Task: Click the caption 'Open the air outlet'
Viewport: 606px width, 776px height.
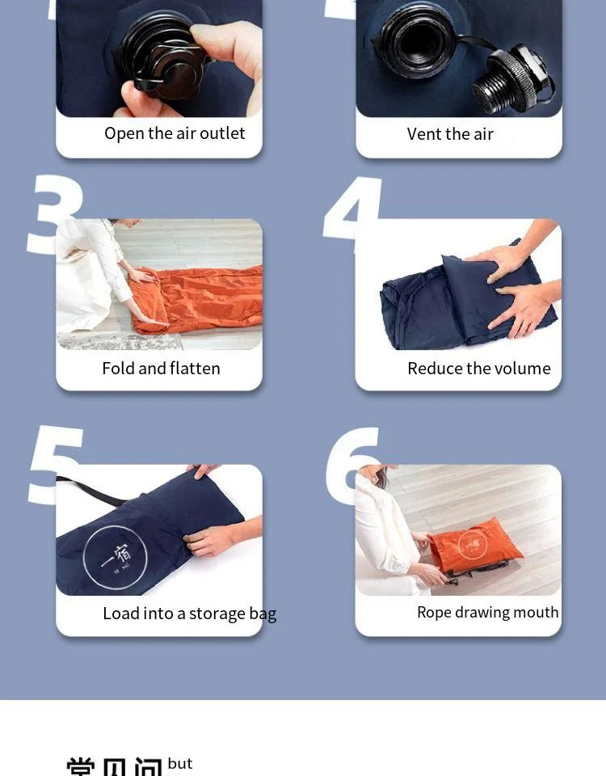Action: [175, 133]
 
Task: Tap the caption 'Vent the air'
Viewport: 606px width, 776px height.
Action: [450, 134]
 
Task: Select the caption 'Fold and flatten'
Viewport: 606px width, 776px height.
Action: [161, 369]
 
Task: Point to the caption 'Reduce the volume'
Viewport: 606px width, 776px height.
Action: [478, 369]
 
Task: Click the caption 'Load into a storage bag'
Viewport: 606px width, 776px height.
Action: [189, 614]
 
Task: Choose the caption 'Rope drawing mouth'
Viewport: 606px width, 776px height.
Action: [487, 613]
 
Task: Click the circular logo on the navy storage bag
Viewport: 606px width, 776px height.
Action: [116, 558]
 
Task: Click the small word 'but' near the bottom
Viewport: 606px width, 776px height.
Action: [180, 764]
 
